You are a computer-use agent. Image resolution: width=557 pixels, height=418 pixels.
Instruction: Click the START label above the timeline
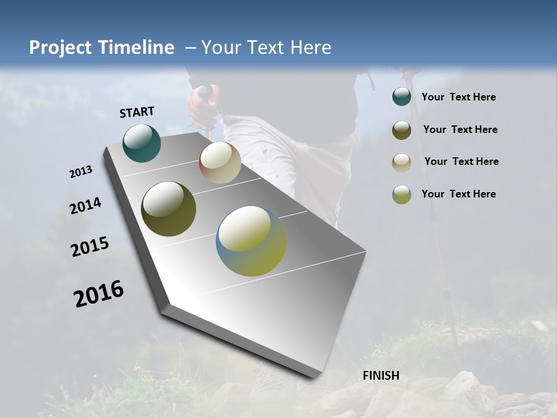pyautogui.click(x=137, y=111)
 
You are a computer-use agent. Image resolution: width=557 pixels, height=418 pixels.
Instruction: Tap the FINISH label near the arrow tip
pyautogui.click(x=381, y=376)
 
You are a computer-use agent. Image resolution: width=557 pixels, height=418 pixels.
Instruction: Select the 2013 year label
pyautogui.click(x=81, y=172)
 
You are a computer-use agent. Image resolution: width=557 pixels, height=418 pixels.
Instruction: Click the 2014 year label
pyautogui.click(x=85, y=206)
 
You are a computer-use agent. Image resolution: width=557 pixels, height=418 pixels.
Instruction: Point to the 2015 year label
pyautogui.click(x=90, y=247)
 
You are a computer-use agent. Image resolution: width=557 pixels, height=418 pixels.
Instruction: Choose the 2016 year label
pyautogui.click(x=99, y=294)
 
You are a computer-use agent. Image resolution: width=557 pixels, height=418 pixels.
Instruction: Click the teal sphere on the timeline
pyautogui.click(x=142, y=143)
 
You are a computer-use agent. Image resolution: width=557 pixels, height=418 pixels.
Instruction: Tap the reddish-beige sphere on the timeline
pyautogui.click(x=220, y=163)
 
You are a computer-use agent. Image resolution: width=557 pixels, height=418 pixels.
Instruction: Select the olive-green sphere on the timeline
pyautogui.click(x=168, y=209)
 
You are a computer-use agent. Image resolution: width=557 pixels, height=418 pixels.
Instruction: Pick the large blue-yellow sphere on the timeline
pyautogui.click(x=251, y=241)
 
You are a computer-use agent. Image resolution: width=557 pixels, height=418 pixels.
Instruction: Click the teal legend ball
pyautogui.click(x=402, y=97)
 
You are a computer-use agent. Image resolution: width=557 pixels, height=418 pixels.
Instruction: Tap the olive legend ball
pyautogui.click(x=402, y=130)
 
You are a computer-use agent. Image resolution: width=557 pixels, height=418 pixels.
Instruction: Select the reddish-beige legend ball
pyautogui.click(x=402, y=163)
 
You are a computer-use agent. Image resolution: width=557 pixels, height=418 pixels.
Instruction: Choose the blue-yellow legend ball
pyautogui.click(x=402, y=194)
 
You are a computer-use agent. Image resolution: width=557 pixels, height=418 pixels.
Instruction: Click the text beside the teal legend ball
pyautogui.click(x=458, y=98)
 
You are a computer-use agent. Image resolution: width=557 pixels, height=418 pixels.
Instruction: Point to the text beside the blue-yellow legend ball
pyautogui.click(x=458, y=194)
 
